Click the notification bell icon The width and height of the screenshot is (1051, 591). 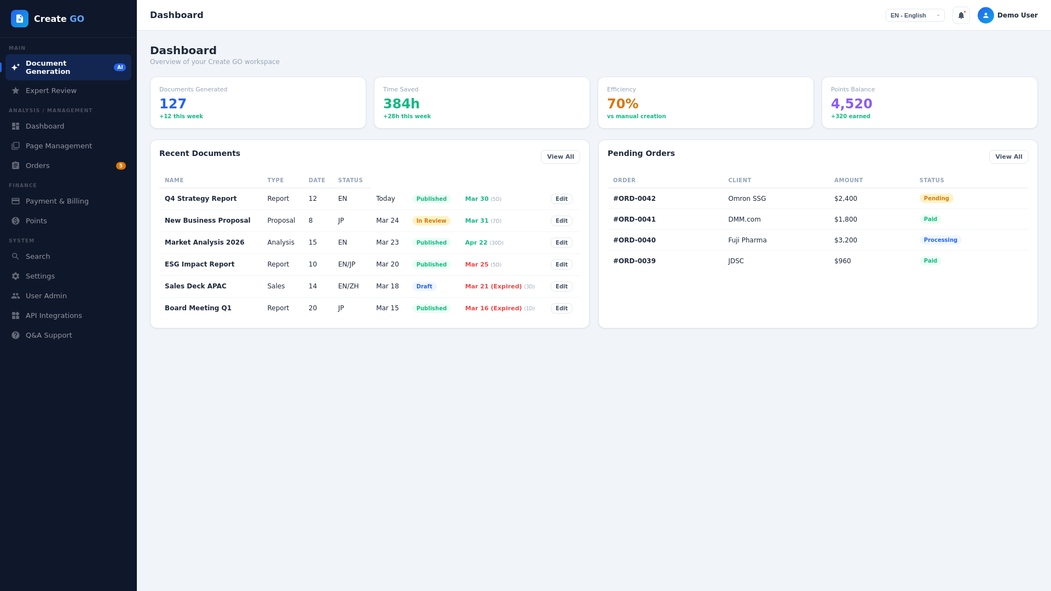click(961, 15)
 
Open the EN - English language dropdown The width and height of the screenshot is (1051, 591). click(915, 15)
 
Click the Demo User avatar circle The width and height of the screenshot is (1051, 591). click(985, 15)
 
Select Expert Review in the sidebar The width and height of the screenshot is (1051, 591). click(51, 90)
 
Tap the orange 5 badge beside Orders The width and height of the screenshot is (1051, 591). click(121, 166)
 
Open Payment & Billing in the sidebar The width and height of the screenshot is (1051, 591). click(57, 201)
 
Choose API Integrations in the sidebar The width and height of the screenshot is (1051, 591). click(54, 315)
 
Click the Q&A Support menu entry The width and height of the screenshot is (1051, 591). click(49, 335)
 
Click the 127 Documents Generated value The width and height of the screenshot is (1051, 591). click(173, 104)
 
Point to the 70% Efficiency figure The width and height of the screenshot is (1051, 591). click(622, 104)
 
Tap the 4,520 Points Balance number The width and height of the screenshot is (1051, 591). click(851, 104)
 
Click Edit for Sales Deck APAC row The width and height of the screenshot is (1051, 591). click(561, 286)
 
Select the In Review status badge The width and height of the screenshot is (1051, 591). click(431, 221)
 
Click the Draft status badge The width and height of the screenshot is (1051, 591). click(424, 286)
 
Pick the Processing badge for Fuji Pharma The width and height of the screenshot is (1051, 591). click(940, 240)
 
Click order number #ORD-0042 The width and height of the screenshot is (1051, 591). click(634, 199)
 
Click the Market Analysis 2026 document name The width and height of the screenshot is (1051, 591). click(204, 242)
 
